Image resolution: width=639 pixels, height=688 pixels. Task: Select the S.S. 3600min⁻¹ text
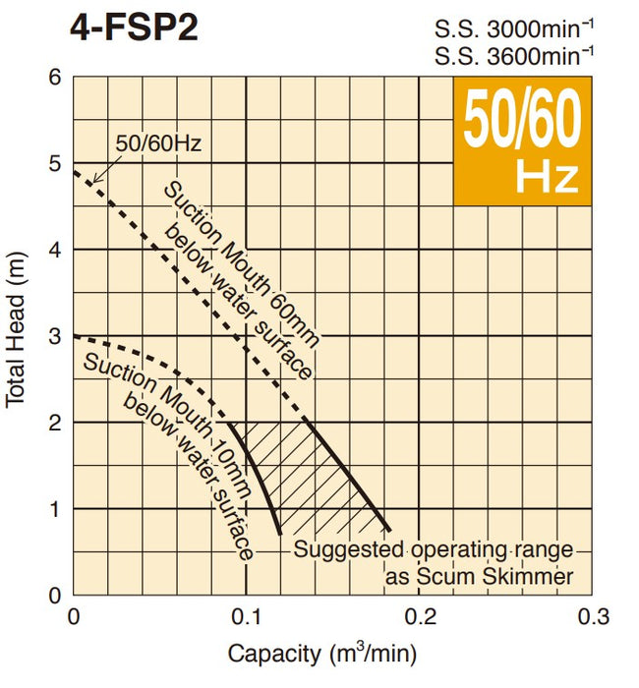click(x=514, y=55)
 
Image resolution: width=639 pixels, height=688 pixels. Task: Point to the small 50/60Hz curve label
click(x=158, y=143)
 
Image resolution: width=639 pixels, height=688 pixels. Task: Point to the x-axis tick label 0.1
click(x=246, y=616)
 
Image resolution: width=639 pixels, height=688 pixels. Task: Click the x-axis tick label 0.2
click(x=420, y=616)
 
